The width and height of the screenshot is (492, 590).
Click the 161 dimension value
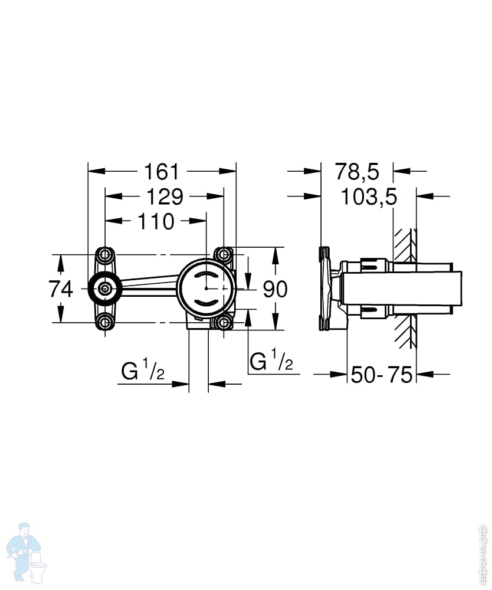point(162,172)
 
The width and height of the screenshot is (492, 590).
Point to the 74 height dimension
point(61,289)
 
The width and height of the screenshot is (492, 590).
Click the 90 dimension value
point(275,289)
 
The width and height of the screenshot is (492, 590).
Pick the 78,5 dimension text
point(357,172)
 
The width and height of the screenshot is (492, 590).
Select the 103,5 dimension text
point(369,196)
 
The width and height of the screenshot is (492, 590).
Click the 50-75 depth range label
point(381,375)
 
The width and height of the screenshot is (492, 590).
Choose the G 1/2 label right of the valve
point(271,360)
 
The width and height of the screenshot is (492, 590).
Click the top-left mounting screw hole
point(106,255)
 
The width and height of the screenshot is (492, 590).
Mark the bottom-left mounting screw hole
point(106,322)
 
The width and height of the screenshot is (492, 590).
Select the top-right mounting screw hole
point(224,255)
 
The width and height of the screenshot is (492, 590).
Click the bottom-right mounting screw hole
point(224,322)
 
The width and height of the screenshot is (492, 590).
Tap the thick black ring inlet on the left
point(105,289)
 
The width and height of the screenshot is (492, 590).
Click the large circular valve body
point(206,287)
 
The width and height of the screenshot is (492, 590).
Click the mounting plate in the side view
point(325,289)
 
